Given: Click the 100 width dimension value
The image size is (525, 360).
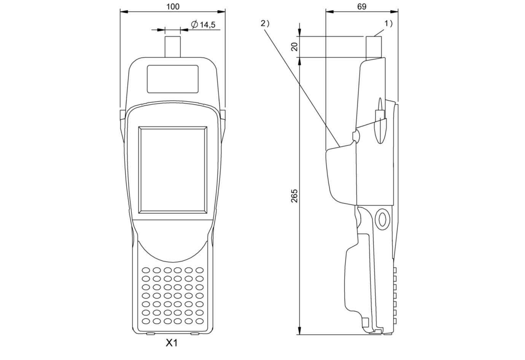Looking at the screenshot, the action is (x=173, y=6).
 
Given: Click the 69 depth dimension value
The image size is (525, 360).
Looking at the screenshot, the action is (x=362, y=6).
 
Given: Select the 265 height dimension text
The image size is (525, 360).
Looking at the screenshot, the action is (x=294, y=196).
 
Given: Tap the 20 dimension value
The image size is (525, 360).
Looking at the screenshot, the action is (x=294, y=47).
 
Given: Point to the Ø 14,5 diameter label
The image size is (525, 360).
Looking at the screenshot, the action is (x=203, y=24).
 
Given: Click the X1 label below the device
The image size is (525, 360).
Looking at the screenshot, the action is (x=172, y=343).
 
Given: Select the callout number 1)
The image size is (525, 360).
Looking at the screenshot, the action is (x=388, y=24).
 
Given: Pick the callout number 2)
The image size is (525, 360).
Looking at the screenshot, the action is (x=265, y=24).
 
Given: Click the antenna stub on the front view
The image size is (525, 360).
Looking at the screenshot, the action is (x=173, y=47).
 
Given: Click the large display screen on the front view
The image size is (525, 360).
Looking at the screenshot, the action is (x=173, y=170).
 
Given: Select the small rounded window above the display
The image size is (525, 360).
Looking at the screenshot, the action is (x=173, y=79).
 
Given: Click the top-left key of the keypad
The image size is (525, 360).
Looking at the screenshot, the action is (x=146, y=270).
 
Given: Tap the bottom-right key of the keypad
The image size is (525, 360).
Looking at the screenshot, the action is (x=199, y=321).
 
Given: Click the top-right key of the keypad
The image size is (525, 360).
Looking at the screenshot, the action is (x=199, y=270).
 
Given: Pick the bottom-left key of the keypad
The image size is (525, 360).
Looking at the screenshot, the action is (x=146, y=321).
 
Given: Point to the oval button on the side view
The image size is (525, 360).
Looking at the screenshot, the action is (x=382, y=219).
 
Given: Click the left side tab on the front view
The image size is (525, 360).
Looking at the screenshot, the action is (x=123, y=115).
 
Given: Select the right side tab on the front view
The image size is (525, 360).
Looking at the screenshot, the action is (x=223, y=115).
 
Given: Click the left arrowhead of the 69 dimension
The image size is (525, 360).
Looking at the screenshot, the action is (x=330, y=11).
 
